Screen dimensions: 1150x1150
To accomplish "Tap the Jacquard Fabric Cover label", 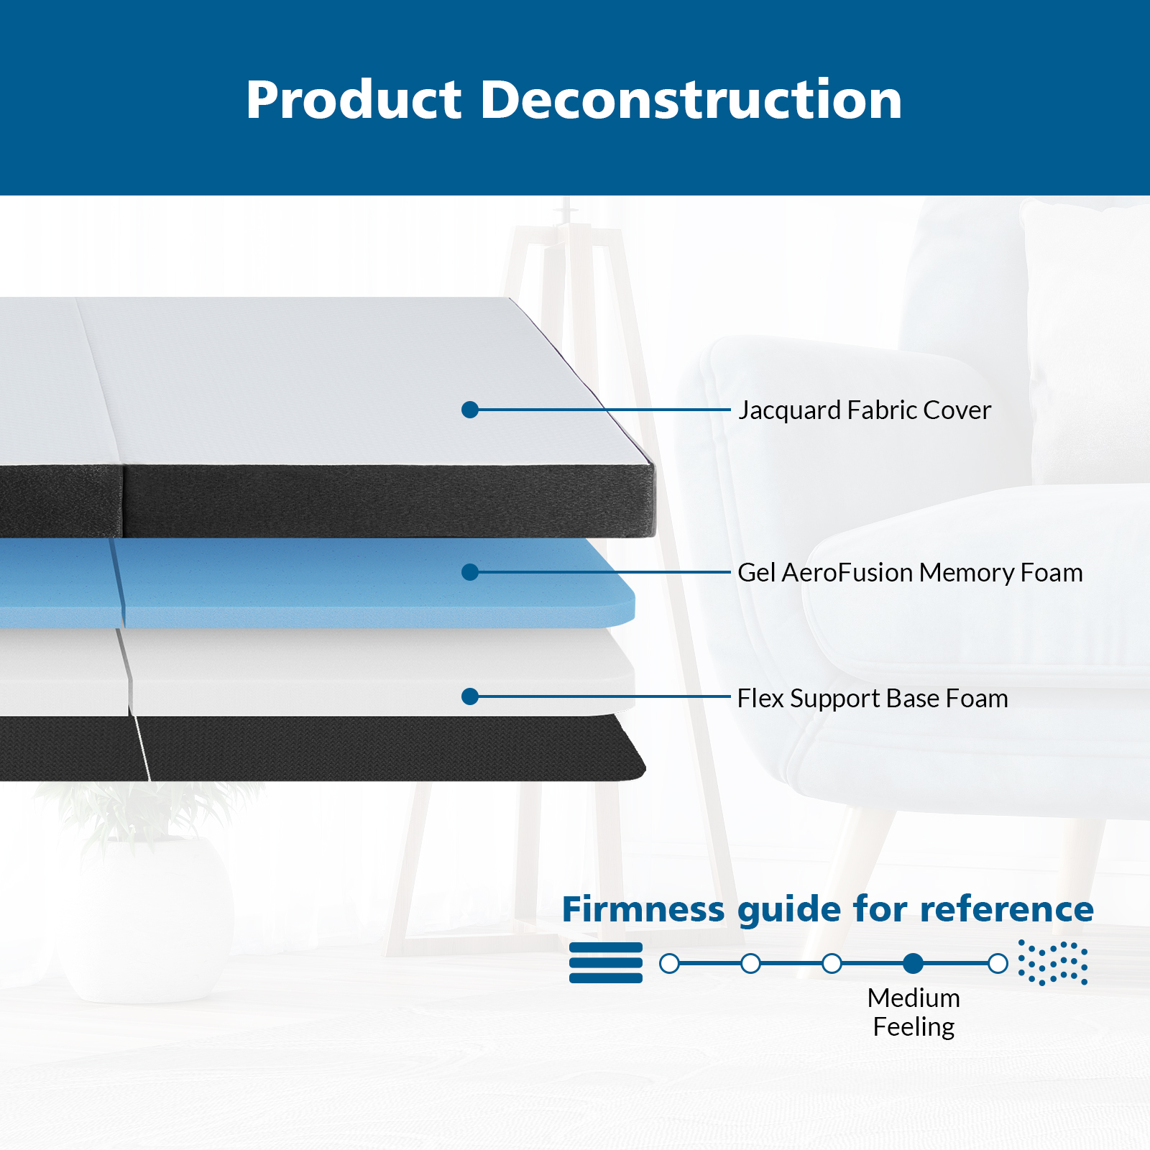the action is pos(865,410).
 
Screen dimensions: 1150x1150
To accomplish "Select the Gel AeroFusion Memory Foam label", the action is pos(910,573).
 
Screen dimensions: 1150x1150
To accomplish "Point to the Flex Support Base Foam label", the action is pos(873,699).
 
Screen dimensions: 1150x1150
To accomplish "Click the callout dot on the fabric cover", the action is pos(470,410).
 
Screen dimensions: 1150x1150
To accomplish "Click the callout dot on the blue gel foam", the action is pos(470,572).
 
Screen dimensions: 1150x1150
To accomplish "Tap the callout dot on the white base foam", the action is pos(470,696).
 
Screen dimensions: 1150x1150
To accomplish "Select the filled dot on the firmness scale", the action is pos(914,963).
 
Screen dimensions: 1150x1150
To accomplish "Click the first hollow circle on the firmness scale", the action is pos(669,963).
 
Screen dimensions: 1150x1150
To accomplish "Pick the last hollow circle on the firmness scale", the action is pos(998,963).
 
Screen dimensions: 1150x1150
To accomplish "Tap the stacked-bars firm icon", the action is pos(606,962).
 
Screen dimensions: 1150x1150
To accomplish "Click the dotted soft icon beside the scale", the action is pos(1053,962).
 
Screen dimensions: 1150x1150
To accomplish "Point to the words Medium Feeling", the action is pos(914,1012).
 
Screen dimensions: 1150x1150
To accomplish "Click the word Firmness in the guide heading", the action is pos(644,909).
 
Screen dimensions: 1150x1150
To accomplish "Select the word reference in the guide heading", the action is pos(1007,909).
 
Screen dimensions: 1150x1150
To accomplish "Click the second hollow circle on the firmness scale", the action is pos(750,963).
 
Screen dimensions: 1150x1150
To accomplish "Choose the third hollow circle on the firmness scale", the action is pos(832,963).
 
